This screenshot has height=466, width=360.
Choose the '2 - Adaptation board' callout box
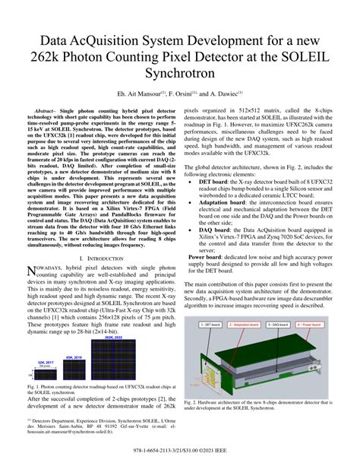click(x=246, y=323)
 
